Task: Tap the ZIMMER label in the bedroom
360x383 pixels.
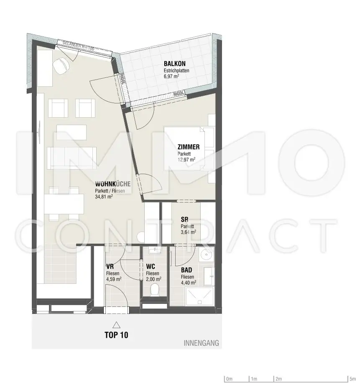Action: coord(189,147)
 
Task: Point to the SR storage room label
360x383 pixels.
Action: coord(184,219)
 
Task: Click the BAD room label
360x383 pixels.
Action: coord(186,270)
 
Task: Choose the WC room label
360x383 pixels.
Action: coord(151,266)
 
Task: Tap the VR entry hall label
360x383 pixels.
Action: coord(110,266)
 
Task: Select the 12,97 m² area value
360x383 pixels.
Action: coord(186,159)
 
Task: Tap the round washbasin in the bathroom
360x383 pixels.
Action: coord(205,254)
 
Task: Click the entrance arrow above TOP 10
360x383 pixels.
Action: coord(116,324)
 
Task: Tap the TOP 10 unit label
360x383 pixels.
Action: coord(116,335)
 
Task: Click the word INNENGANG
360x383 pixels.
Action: coord(201,344)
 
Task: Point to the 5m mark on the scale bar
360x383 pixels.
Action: coord(348,379)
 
